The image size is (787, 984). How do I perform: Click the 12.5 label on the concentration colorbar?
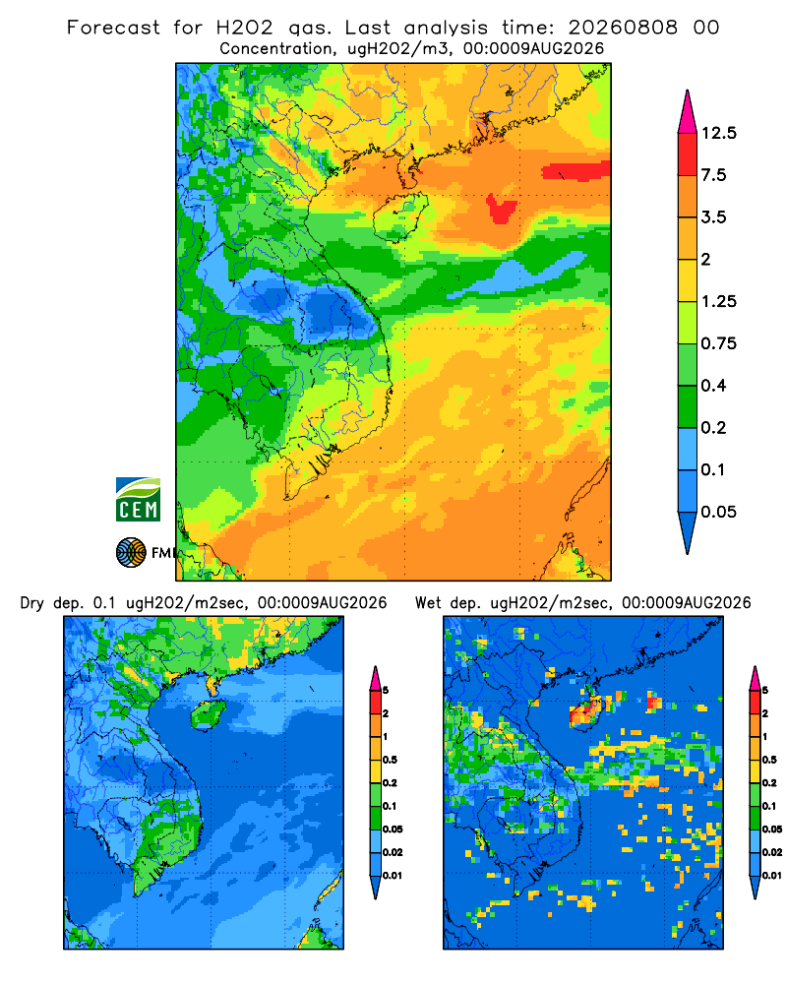click(x=718, y=133)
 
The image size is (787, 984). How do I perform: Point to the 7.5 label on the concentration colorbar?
click(x=713, y=175)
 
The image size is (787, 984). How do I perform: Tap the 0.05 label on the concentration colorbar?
click(x=718, y=512)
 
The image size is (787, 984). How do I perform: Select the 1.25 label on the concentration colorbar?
click(x=718, y=301)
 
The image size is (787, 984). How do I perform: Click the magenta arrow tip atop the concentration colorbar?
click(x=688, y=111)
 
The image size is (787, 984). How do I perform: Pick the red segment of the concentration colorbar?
click(x=688, y=154)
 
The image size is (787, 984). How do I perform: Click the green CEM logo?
click(x=138, y=500)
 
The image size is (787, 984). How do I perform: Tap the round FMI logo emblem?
click(x=131, y=553)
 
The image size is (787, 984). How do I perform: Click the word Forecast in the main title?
click(x=113, y=28)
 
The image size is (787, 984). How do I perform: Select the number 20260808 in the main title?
click(x=623, y=28)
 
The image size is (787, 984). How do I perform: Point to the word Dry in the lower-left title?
click(x=32, y=603)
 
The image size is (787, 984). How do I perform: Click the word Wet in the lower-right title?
click(x=429, y=603)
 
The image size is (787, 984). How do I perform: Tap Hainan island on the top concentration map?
click(x=400, y=216)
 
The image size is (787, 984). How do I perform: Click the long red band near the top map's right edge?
click(x=576, y=170)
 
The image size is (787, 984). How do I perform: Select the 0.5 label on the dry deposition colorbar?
click(x=390, y=760)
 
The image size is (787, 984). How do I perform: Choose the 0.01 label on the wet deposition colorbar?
click(x=772, y=876)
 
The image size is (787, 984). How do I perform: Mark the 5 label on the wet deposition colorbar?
click(x=765, y=691)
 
